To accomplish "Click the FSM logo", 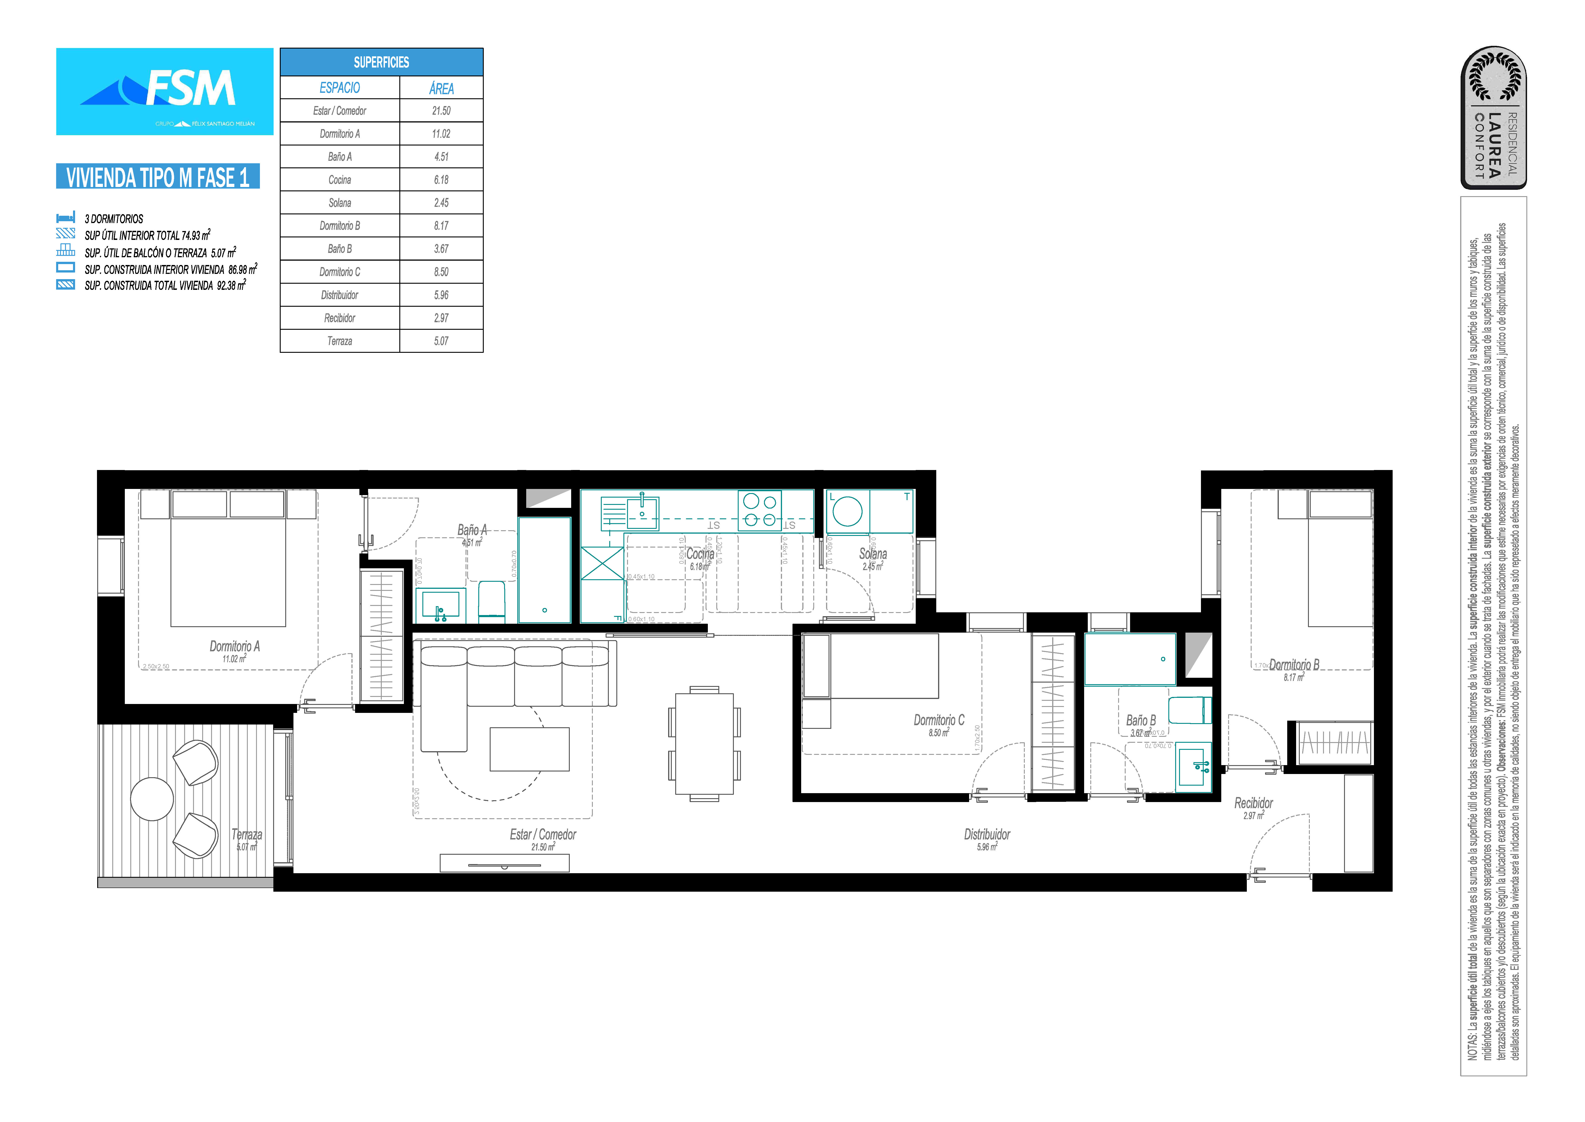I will (x=165, y=91).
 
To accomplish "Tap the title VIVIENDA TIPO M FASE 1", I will (x=158, y=177).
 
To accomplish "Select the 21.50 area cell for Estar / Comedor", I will (x=441, y=111).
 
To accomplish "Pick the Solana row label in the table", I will (x=339, y=203).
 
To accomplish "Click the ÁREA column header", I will (x=441, y=88).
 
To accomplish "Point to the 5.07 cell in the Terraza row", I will (x=441, y=341).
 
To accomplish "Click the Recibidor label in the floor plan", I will (x=1253, y=803).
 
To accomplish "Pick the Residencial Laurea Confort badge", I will (x=1493, y=117).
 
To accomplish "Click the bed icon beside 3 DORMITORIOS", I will (x=66, y=218).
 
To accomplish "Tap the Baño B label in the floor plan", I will (x=1140, y=721).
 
